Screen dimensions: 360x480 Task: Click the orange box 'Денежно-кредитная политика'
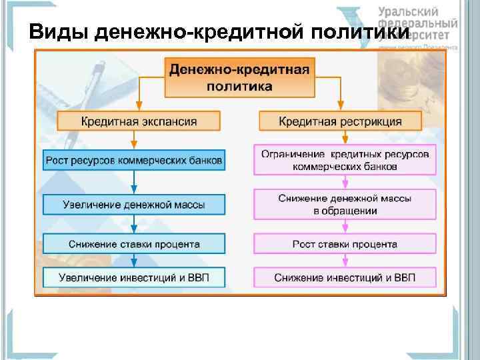click(239, 77)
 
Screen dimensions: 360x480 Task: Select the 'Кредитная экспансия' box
click(139, 121)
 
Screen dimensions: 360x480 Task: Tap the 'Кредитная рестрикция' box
click(339, 121)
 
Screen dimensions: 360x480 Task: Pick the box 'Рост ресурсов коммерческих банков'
click(134, 160)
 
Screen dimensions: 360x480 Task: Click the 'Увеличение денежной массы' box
click(134, 203)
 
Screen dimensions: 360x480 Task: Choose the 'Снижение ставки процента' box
click(134, 243)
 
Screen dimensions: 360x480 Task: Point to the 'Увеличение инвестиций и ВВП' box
click(134, 277)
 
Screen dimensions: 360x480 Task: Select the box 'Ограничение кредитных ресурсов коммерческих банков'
click(345, 161)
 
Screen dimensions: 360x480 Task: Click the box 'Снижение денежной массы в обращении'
click(345, 204)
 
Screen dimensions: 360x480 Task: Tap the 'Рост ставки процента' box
click(345, 244)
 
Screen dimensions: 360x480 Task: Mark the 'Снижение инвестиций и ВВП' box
click(345, 277)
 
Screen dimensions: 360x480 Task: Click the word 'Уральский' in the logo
click(408, 11)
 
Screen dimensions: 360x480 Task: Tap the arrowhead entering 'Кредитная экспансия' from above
click(138, 107)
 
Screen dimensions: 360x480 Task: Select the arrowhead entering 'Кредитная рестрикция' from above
click(340, 107)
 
